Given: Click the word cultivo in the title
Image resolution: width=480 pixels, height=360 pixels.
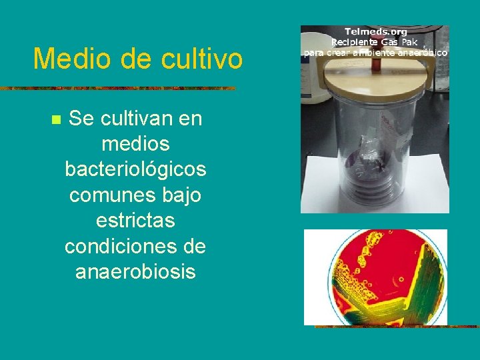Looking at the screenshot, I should click(201, 59).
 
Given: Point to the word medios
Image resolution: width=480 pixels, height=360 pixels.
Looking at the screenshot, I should click(135, 144).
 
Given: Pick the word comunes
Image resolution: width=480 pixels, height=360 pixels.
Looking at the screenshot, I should click(110, 195).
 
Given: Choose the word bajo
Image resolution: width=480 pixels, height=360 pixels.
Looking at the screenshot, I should click(179, 195).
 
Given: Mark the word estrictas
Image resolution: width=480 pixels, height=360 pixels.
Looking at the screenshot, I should click(135, 221).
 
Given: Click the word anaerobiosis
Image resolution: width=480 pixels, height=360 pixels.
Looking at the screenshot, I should click(135, 272).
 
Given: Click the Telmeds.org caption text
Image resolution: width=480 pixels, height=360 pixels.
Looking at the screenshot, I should click(375, 31).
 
